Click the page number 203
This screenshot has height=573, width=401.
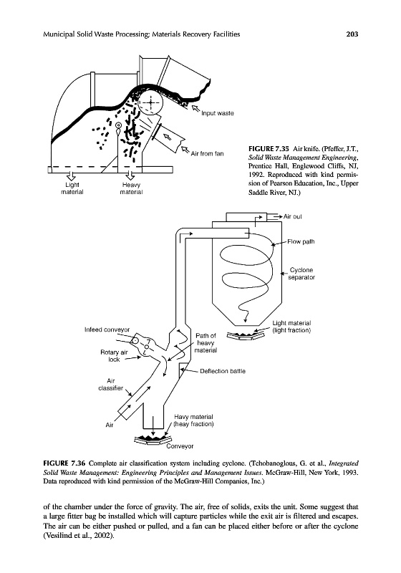tap(352, 34)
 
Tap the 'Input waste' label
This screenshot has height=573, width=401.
tap(217, 113)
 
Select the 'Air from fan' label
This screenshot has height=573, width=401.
tap(207, 153)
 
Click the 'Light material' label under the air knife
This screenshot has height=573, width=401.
tap(72, 188)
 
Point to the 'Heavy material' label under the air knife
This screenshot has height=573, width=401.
tap(131, 188)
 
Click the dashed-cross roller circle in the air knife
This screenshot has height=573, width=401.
tap(151, 102)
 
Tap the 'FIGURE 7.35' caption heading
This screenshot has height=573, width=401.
tap(269, 148)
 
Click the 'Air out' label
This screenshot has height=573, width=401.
tap(293, 216)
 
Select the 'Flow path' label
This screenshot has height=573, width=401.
tap(301, 241)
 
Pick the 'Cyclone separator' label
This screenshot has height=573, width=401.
tap(301, 274)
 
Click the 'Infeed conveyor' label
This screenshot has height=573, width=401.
tap(107, 329)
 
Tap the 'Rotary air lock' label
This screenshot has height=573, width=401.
tap(114, 356)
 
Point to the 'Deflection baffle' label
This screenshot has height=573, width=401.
tap(223, 371)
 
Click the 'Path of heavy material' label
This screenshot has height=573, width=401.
tap(206, 343)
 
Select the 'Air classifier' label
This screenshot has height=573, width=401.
tap(111, 385)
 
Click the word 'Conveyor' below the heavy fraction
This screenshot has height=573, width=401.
tap(180, 446)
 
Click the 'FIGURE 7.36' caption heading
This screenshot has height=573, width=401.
tap(64, 463)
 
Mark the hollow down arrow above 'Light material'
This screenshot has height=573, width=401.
tap(72, 175)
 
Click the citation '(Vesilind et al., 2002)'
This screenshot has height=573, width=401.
tap(77, 536)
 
